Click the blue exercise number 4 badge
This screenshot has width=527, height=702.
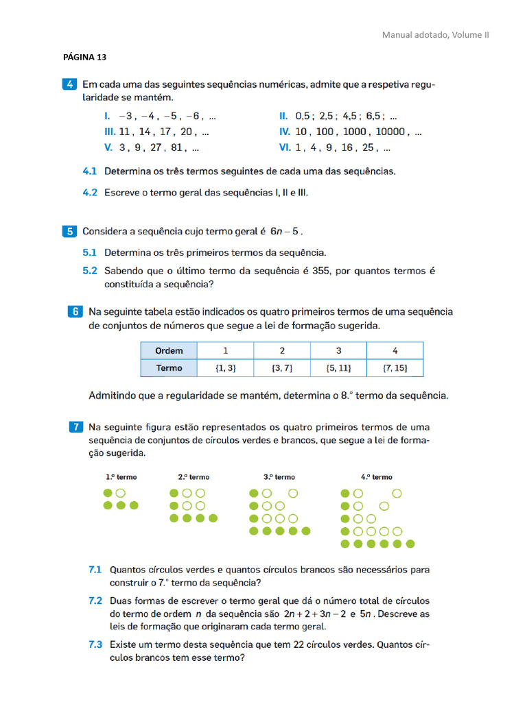[x=70, y=85]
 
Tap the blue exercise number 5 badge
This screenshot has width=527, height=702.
[x=70, y=231]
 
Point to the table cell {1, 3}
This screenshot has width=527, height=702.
[x=225, y=368]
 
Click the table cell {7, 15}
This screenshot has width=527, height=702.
[x=395, y=368]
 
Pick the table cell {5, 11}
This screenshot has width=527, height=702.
[x=338, y=368]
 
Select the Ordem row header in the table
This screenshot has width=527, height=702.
[x=169, y=350]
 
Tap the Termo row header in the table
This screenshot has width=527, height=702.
[x=169, y=368]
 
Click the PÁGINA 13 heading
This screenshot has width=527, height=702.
[x=84, y=57]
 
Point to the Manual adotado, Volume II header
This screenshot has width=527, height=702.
[x=435, y=35]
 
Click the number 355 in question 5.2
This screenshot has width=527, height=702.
[x=321, y=271]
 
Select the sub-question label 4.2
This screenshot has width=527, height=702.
[x=90, y=193]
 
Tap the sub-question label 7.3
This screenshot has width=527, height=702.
[x=95, y=644]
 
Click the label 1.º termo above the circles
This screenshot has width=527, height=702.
[x=121, y=477]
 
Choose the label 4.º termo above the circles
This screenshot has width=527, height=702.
[x=376, y=477]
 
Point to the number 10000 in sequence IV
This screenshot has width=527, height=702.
[x=390, y=132]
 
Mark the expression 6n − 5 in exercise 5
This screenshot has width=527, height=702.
[x=283, y=232]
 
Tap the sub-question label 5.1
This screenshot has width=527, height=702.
[x=90, y=252]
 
